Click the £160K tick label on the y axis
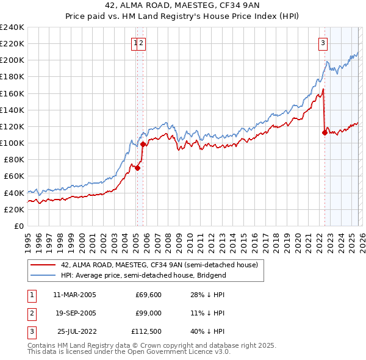coord(12,93)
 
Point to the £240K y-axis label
coord(12,27)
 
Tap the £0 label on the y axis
coord(18,226)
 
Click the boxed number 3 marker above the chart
coord(322,43)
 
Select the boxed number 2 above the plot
coord(142,43)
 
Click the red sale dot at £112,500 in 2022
coord(325,133)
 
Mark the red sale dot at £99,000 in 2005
coord(143,144)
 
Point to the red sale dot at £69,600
coord(137,168)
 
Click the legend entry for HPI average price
coord(143,275)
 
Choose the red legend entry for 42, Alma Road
coord(160,265)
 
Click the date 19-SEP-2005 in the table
coord(74,313)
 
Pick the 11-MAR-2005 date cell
coord(74,295)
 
